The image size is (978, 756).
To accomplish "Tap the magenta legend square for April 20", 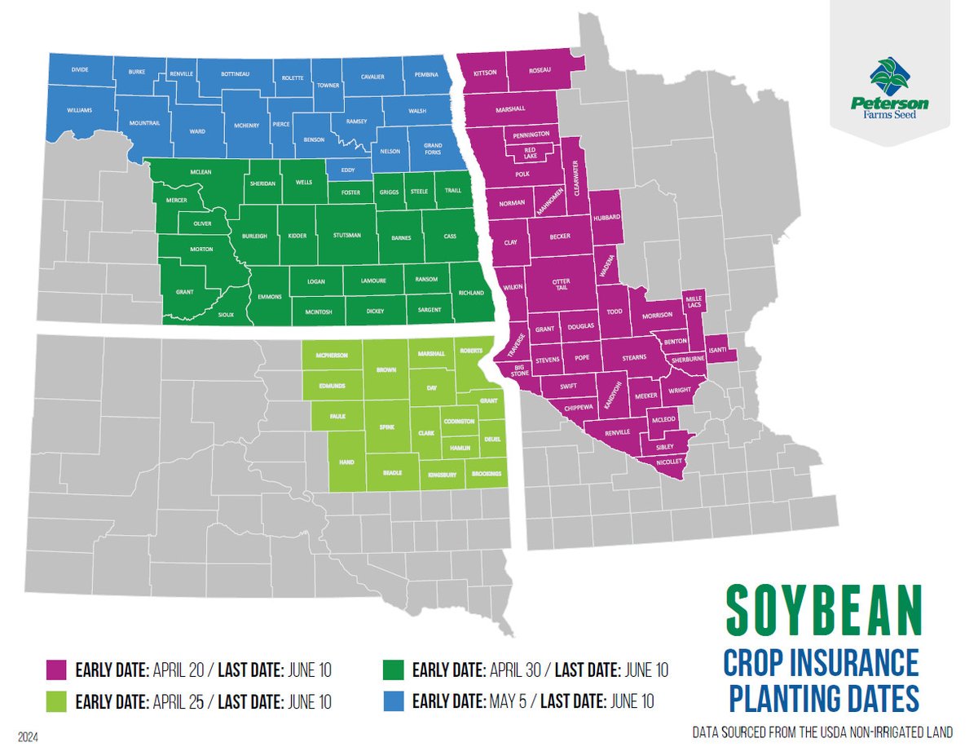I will pyautogui.click(x=56, y=671).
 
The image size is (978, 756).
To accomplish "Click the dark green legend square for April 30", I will pyautogui.click(x=393, y=671).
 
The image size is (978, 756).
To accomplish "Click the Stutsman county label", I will pyautogui.click(x=346, y=236).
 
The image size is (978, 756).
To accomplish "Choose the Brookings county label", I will pyautogui.click(x=485, y=474).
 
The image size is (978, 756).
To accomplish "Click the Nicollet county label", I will pyautogui.click(x=670, y=463).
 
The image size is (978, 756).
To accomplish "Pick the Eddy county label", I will pyautogui.click(x=346, y=170).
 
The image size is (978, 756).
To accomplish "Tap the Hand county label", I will pyautogui.click(x=346, y=462).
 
